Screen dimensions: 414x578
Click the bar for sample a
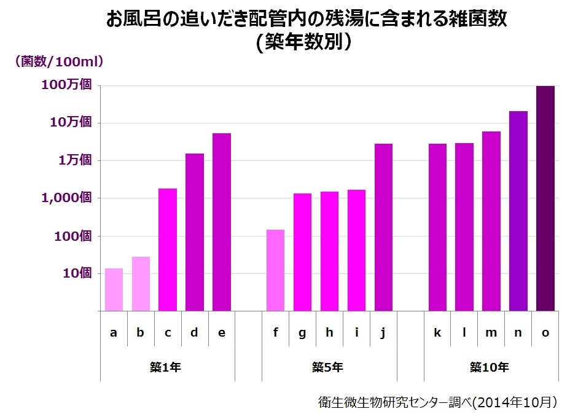114,289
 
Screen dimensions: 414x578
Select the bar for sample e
222,222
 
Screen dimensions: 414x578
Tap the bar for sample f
276,270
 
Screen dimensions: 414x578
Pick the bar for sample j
384,227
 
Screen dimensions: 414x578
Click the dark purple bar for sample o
545,198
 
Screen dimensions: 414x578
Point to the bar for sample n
518,211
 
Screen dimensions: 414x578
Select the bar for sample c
168,249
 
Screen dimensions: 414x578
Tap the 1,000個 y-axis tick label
68,198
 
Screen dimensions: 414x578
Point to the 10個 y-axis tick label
76,273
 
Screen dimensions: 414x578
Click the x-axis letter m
491,333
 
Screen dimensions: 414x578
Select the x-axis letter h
329,333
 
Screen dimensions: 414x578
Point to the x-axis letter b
141,333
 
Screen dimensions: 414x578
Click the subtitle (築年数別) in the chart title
305,42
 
